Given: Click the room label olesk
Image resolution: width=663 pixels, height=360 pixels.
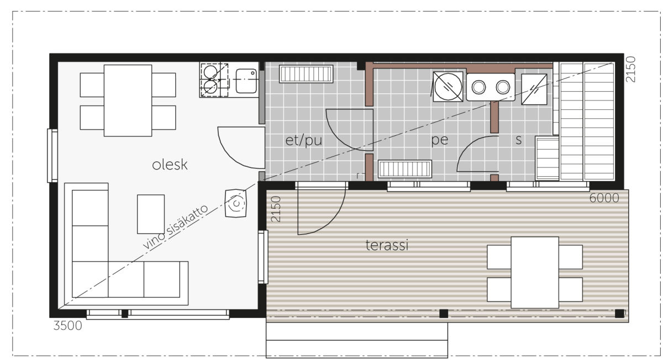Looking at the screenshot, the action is tap(170, 165).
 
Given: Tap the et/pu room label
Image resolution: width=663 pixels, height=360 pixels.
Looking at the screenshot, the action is tap(304, 140).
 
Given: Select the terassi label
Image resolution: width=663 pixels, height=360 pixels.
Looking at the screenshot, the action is tap(387, 245).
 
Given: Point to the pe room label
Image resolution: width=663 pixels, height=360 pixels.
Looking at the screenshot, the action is tap(440, 140).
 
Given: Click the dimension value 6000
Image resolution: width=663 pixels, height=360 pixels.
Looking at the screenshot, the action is tap(604, 198).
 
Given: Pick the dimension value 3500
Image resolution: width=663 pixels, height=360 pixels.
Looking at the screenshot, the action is tap(67, 326).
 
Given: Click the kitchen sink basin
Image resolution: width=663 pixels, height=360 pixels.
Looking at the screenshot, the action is tap(246, 81).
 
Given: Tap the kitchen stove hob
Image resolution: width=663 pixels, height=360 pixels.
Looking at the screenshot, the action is tap(214, 80).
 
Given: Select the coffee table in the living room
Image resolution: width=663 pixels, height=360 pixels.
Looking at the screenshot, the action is tap(151, 214).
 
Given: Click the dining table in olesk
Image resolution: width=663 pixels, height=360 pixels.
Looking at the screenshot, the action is tap(128, 100).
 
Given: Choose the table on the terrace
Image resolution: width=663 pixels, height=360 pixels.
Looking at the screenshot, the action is tap(535, 272).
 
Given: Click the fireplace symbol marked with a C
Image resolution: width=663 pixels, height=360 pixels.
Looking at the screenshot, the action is tap(235, 203).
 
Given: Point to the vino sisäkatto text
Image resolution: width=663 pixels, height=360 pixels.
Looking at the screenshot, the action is tap(176, 226).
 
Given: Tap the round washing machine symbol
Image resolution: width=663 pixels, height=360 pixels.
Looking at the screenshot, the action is tap(448, 87).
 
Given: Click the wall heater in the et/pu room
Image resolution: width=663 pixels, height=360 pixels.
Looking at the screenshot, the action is tap(306, 74).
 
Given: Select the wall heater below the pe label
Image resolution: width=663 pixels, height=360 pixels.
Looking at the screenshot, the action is tap(405, 169).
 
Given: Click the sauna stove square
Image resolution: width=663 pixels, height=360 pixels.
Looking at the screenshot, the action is tap(534, 89).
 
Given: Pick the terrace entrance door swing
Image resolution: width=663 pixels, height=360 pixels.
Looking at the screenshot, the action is tap(322, 211).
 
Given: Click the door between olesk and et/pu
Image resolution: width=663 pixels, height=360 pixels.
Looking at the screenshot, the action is tap(241, 148).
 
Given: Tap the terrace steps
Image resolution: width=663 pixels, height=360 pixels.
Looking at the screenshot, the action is tap(357, 340).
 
